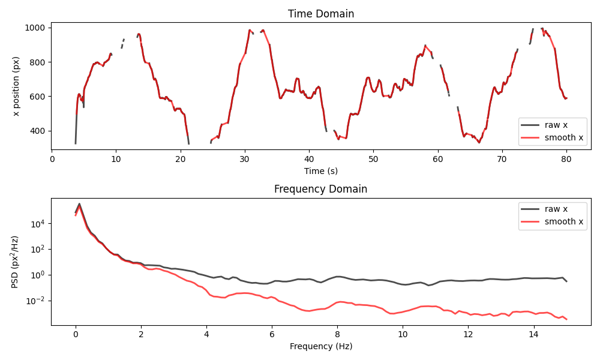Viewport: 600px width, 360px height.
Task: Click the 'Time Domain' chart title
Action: click(x=320, y=14)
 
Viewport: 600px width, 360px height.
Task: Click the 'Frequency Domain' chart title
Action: click(x=320, y=189)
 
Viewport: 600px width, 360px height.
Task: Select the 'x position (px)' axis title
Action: click(x=16, y=86)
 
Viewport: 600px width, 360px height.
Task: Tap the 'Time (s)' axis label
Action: click(x=320, y=171)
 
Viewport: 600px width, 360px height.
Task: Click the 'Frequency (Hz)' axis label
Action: click(x=320, y=346)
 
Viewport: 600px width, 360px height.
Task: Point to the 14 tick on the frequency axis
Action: click(x=533, y=334)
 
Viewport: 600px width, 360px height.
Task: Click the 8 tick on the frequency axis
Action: click(x=337, y=334)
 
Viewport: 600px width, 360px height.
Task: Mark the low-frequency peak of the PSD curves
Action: click(x=79, y=204)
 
